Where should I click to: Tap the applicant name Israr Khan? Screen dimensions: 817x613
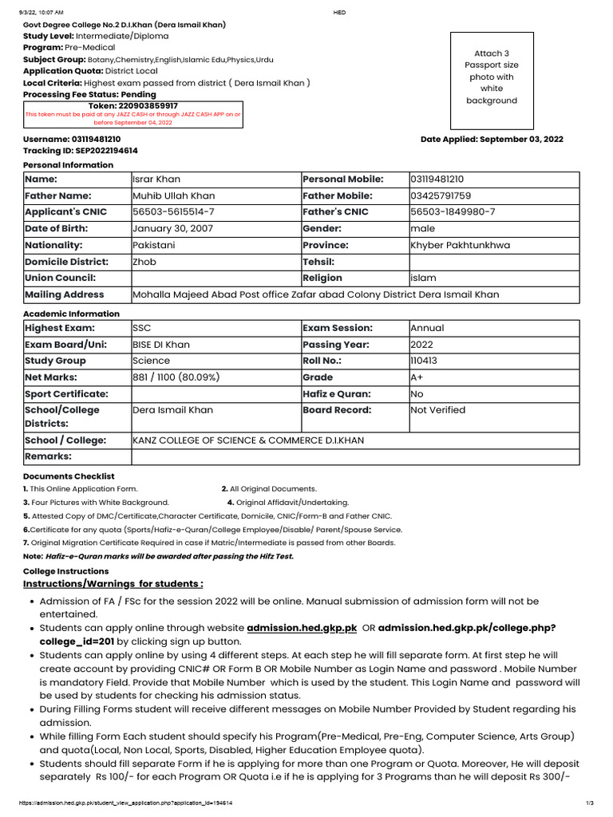point(156,180)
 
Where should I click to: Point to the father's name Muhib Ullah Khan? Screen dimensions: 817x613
point(173,195)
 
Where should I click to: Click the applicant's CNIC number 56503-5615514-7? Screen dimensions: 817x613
point(173,212)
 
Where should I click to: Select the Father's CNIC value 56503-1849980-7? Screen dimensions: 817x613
point(453,212)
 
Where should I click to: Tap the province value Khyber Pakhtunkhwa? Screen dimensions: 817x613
point(460,245)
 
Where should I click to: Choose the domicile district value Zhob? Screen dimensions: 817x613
point(144,262)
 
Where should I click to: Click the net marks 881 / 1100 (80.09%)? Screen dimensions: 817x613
point(176,377)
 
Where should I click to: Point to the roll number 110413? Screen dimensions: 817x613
point(425,361)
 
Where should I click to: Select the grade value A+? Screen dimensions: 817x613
point(417,377)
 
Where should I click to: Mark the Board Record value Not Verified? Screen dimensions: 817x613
point(437,410)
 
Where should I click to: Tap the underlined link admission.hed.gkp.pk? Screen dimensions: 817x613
point(302,629)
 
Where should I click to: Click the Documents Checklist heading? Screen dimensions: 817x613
point(69,476)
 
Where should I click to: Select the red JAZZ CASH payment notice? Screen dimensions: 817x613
point(133,118)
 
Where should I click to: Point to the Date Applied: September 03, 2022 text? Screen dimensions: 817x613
point(492,139)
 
